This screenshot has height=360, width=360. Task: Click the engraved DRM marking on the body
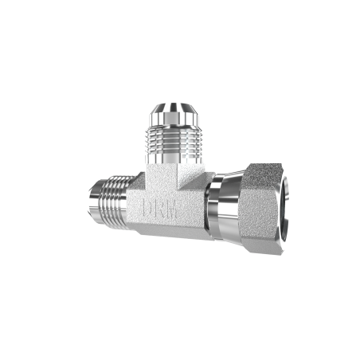click(162, 209)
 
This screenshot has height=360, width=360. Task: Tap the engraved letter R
click(161, 209)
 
